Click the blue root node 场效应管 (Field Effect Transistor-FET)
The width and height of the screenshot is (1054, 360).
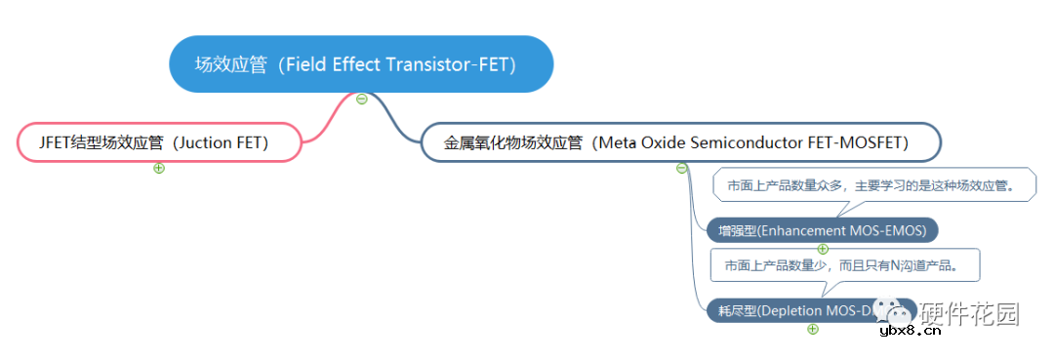(x=361, y=64)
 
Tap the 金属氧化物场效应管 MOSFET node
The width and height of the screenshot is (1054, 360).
(x=680, y=143)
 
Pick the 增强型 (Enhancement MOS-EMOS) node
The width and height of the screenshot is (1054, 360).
(x=822, y=230)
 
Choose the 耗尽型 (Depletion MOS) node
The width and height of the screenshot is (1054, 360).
(x=790, y=311)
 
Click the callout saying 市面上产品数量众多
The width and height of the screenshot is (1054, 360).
(x=873, y=185)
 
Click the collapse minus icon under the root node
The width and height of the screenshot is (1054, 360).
(x=362, y=99)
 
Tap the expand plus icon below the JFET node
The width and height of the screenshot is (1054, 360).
(x=159, y=168)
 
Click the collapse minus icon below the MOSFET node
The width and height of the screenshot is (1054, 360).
(x=682, y=168)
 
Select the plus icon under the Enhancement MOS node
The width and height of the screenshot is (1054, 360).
(x=823, y=249)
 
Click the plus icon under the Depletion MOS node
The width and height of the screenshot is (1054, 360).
(x=813, y=329)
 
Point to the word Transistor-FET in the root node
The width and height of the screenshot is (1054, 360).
(x=454, y=64)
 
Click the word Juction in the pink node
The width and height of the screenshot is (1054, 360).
(x=208, y=143)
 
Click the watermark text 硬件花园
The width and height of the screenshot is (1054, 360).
(x=971, y=313)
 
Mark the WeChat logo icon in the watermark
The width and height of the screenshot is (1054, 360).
(x=895, y=312)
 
